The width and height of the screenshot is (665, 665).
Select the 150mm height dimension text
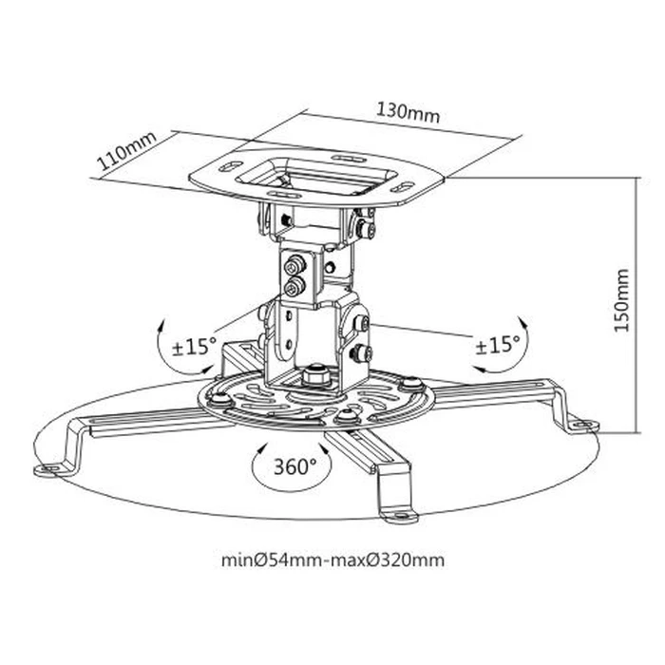click(622, 299)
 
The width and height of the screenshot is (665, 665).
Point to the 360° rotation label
click(294, 466)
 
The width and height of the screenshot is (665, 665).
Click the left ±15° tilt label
click(194, 345)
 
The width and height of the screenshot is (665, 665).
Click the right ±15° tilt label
click(497, 345)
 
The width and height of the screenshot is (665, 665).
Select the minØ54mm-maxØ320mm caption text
click(332, 560)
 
